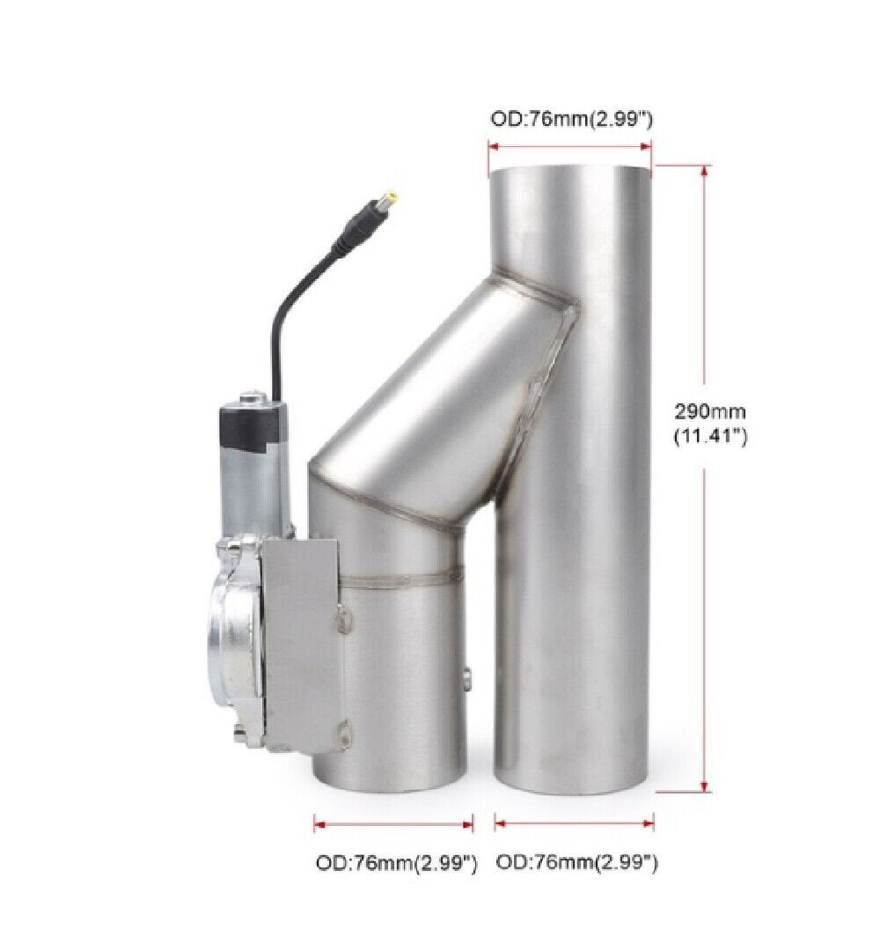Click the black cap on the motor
coord(252,424)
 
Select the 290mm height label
coord(710,411)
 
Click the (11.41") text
coord(710,436)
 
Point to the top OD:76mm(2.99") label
coord(571,119)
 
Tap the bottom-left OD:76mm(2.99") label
coord(396,863)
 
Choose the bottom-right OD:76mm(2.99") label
coord(576,862)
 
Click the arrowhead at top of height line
coord(704,171)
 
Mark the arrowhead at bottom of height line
coord(704,786)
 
